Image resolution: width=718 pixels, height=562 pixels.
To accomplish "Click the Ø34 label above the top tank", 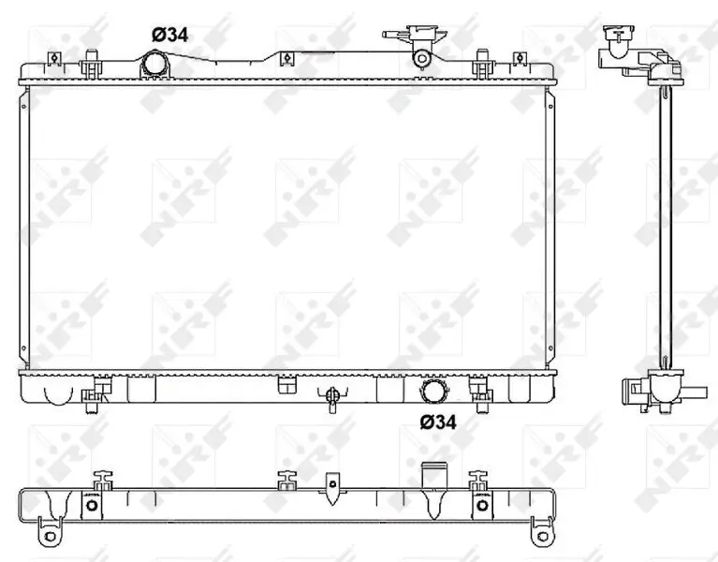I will (x=171, y=34).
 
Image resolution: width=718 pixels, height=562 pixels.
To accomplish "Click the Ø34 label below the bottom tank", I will (x=439, y=422).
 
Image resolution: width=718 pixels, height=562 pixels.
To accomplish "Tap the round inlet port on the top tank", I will (x=154, y=67).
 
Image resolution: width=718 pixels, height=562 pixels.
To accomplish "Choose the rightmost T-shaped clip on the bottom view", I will (x=481, y=480).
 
